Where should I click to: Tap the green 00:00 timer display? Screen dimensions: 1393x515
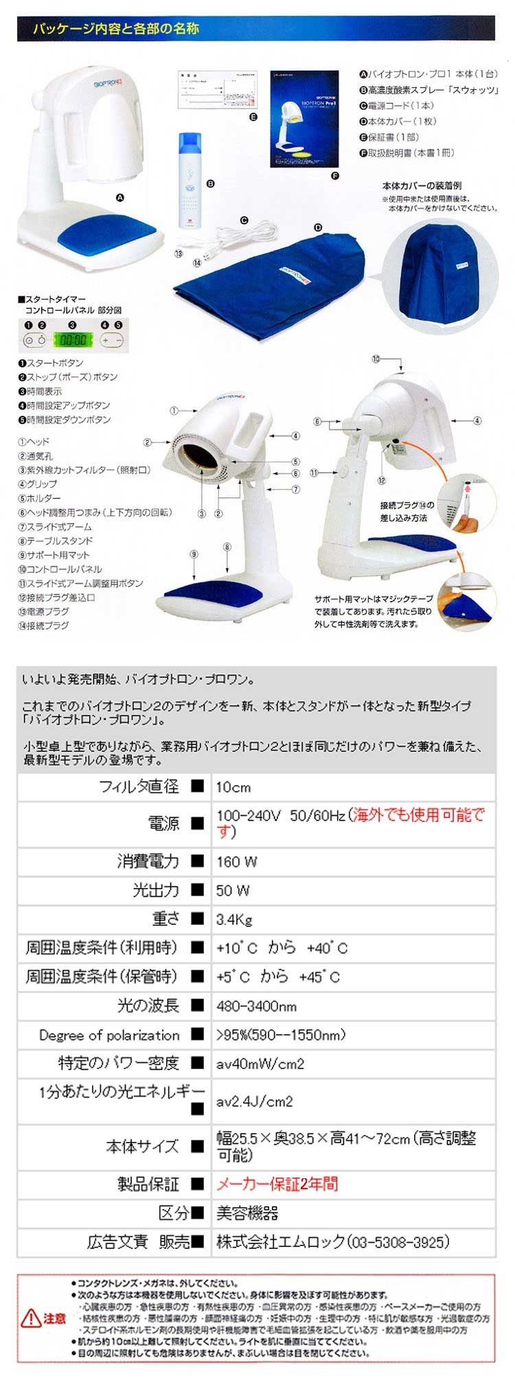72,339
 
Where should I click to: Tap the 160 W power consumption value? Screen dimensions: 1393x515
236,862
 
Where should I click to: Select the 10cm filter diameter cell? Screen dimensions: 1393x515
233,787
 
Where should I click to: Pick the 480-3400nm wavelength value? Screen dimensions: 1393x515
256,1006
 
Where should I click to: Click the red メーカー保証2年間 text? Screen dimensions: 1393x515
277,1184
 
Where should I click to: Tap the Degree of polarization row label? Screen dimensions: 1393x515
109,1035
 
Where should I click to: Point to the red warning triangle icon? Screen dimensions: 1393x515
32,1318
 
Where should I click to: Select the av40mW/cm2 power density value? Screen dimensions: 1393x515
260,1064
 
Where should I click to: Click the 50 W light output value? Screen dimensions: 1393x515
233,891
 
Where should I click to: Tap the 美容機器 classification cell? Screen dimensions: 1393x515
247,1213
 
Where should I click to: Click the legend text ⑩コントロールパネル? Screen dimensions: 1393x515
60,569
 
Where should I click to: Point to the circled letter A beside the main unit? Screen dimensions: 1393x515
120,198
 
